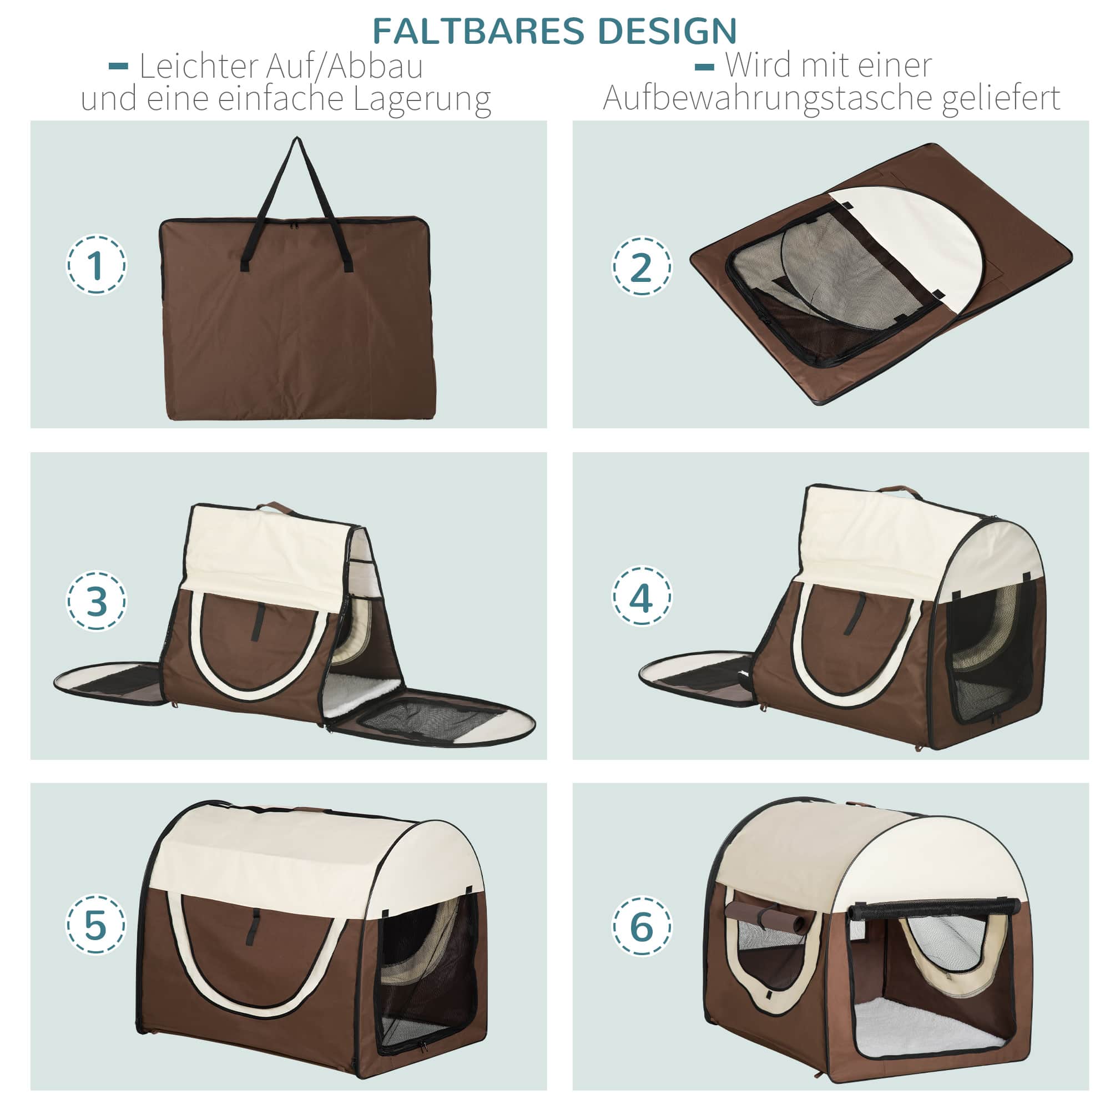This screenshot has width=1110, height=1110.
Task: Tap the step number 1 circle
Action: [96, 265]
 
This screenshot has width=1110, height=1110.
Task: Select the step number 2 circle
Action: [641, 266]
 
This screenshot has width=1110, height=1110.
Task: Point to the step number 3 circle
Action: [96, 601]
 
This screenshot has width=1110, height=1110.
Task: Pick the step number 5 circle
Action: [96, 925]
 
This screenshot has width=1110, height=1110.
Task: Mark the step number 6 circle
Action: [641, 926]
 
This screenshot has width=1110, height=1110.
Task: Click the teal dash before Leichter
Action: [118, 67]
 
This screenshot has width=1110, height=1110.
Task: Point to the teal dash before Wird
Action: [704, 67]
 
